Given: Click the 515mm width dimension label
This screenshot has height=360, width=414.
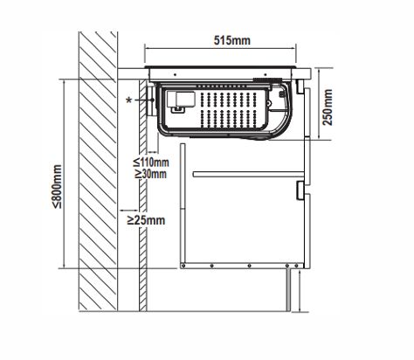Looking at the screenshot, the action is pyautogui.click(x=232, y=40).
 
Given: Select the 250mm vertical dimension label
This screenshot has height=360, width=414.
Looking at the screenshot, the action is pyautogui.click(x=328, y=107).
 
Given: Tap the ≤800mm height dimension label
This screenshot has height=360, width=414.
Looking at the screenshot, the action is pyautogui.click(x=57, y=187).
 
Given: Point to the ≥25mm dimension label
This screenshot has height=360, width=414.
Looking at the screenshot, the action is pyautogui.click(x=146, y=220).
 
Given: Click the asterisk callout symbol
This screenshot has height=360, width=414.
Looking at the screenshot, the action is pyautogui.click(x=129, y=100).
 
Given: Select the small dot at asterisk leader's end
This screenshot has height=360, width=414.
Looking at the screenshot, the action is pyautogui.click(x=152, y=100).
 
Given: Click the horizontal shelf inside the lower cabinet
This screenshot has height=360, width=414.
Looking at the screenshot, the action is pyautogui.click(x=249, y=174).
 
